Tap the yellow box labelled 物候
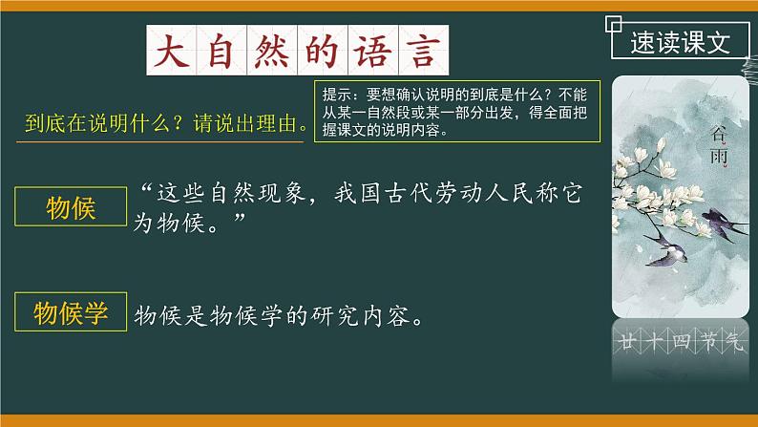pyautogui.click(x=72, y=208)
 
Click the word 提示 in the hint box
pyautogui.click(x=337, y=95)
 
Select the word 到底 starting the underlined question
pyautogui.click(x=41, y=125)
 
